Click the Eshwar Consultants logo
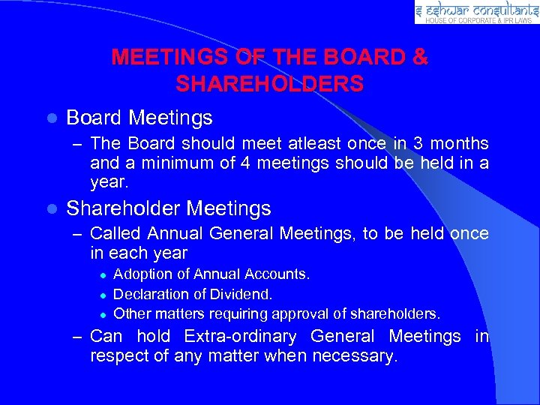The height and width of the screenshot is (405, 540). (x=476, y=12)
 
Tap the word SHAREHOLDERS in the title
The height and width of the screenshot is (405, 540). (x=270, y=83)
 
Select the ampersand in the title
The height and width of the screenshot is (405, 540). (x=420, y=57)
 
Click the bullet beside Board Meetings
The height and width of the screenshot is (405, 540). (x=50, y=118)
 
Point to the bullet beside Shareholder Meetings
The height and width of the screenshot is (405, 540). (x=50, y=208)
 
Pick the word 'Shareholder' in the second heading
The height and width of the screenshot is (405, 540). (x=122, y=208)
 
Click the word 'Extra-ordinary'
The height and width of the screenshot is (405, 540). (x=241, y=337)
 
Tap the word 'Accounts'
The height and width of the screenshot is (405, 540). (x=281, y=274)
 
